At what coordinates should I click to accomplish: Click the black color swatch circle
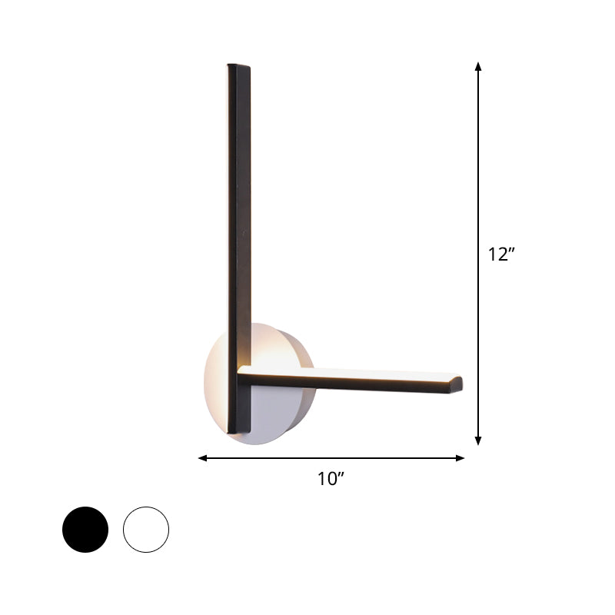pyautogui.click(x=85, y=529)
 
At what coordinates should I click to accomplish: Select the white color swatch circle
pyautogui.click(x=145, y=529)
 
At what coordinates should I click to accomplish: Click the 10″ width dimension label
pyautogui.click(x=331, y=479)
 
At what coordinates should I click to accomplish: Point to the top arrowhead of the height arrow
pyautogui.click(x=478, y=67)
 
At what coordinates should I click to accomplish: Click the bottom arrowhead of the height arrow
pyautogui.click(x=478, y=440)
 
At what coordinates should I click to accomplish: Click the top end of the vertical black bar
pyautogui.click(x=239, y=68)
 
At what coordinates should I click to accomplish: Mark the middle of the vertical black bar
pyautogui.click(x=240, y=231)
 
